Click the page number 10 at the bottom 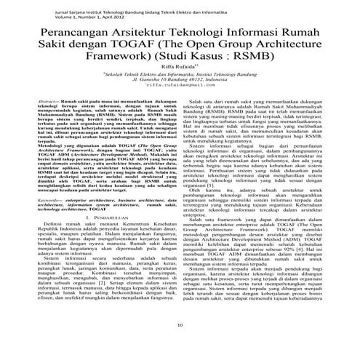(180, 344)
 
